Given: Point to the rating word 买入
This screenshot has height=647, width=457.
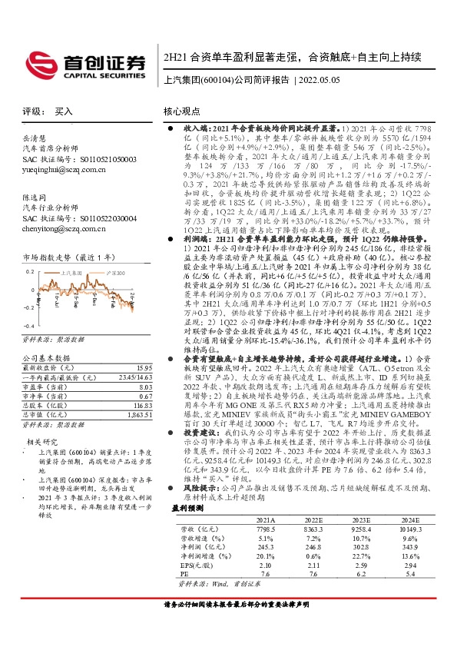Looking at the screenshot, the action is (63, 111).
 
